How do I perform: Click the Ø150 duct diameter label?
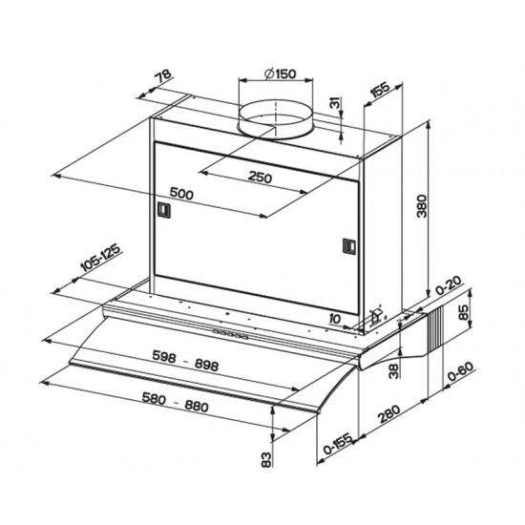(x=280, y=73)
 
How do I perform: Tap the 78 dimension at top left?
(x=163, y=76)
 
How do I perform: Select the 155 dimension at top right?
(x=381, y=89)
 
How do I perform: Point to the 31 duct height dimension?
(x=334, y=102)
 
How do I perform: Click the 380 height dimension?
(x=422, y=206)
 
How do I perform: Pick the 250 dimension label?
(x=260, y=177)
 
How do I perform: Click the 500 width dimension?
(x=181, y=193)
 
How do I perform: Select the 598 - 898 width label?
(x=185, y=360)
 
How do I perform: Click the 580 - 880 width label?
(x=175, y=402)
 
